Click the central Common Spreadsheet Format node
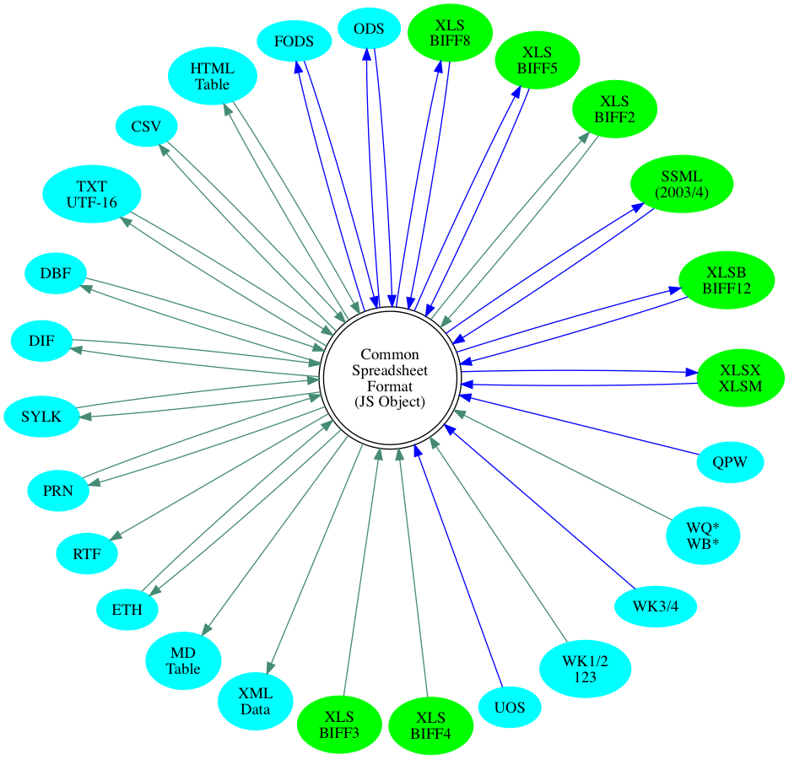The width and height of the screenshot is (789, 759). pyautogui.click(x=390, y=378)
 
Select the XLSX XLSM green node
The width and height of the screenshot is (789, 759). pyautogui.click(x=741, y=378)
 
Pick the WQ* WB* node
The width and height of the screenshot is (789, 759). pyautogui.click(x=703, y=535)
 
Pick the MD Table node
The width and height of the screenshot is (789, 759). pyautogui.click(x=183, y=659)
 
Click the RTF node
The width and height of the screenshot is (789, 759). pyautogui.click(x=86, y=554)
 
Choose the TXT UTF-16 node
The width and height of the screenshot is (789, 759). pyautogui.click(x=91, y=193)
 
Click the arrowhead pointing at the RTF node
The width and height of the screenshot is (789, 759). pyautogui.click(x=116, y=536)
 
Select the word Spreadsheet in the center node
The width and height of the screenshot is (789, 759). pyautogui.click(x=390, y=370)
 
